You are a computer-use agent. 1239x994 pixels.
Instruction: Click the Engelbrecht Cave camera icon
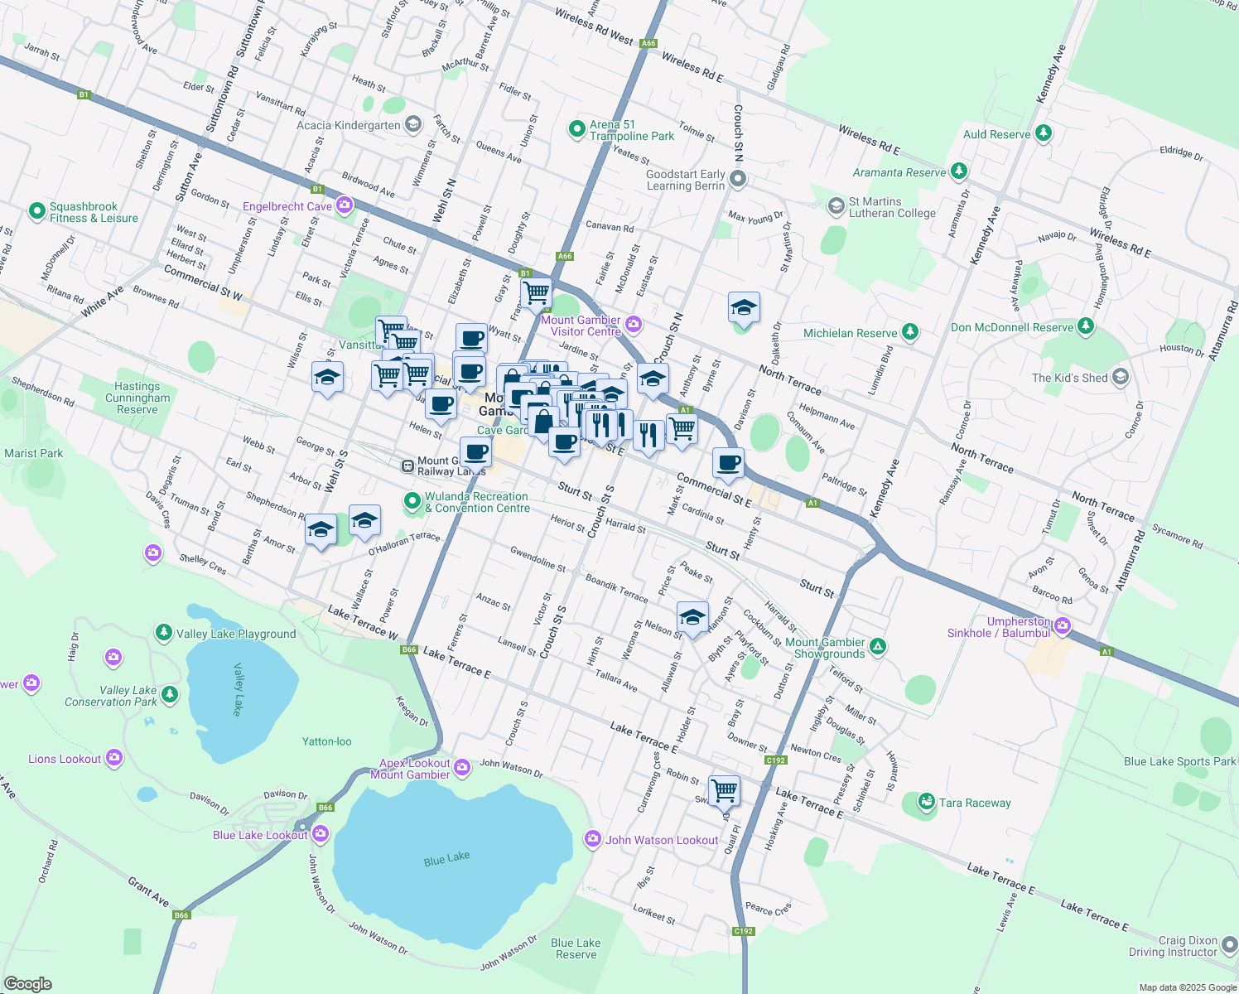click(345, 205)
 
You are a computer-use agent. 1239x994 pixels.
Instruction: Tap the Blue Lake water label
click(446, 859)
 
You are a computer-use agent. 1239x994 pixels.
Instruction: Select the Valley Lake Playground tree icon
click(164, 634)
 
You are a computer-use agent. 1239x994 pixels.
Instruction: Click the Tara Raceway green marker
click(927, 802)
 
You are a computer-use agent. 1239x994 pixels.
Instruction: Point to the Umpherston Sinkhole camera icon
click(1063, 625)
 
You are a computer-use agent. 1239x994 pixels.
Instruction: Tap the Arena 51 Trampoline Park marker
click(577, 129)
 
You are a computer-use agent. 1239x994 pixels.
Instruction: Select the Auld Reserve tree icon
click(1044, 133)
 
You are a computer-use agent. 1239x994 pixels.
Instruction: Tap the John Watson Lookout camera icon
click(592, 839)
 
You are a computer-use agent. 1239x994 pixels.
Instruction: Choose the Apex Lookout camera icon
click(462, 767)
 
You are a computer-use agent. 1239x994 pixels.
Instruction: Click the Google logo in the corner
click(27, 983)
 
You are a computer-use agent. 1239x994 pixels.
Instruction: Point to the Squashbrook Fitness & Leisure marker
click(36, 211)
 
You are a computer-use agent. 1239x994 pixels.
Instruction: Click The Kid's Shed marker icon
click(1120, 377)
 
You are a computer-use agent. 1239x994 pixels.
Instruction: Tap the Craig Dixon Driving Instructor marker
click(1230, 944)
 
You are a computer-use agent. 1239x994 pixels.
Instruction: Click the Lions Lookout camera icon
click(113, 757)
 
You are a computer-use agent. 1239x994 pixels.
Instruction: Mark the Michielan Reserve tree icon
click(910, 332)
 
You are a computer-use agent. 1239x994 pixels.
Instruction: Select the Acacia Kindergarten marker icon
click(413, 124)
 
